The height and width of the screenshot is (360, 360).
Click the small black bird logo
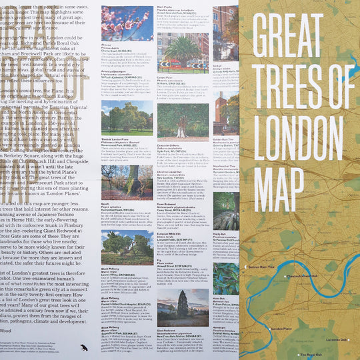(83, 347)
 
